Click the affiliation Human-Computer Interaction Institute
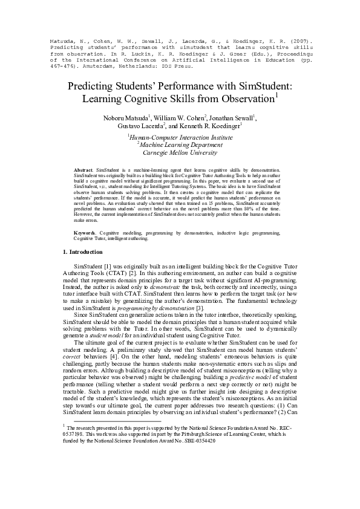coord(180,137)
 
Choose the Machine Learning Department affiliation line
coord(180,145)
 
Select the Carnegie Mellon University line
coord(180,153)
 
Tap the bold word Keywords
coord(83,233)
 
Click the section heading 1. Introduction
coord(83,251)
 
